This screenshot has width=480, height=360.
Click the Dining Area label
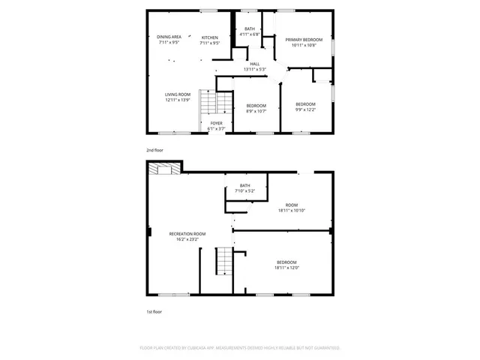(x=169, y=37)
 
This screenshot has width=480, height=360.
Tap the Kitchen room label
(x=210, y=37)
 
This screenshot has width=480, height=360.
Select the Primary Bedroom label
(x=304, y=39)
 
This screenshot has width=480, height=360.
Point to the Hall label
(x=255, y=64)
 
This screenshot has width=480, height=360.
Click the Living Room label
(x=178, y=94)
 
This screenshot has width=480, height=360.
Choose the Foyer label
(x=216, y=123)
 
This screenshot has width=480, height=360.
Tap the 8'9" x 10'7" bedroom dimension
(x=256, y=112)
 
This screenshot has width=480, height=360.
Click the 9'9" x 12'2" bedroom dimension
(x=305, y=109)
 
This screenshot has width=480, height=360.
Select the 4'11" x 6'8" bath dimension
(x=250, y=34)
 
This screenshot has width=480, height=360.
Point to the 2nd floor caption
(x=154, y=151)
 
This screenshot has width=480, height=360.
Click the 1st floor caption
(x=154, y=311)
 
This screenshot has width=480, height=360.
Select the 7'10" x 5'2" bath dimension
(x=245, y=191)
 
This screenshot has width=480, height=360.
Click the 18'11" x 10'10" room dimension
(x=292, y=211)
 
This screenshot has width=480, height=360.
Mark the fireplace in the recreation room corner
(x=164, y=169)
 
